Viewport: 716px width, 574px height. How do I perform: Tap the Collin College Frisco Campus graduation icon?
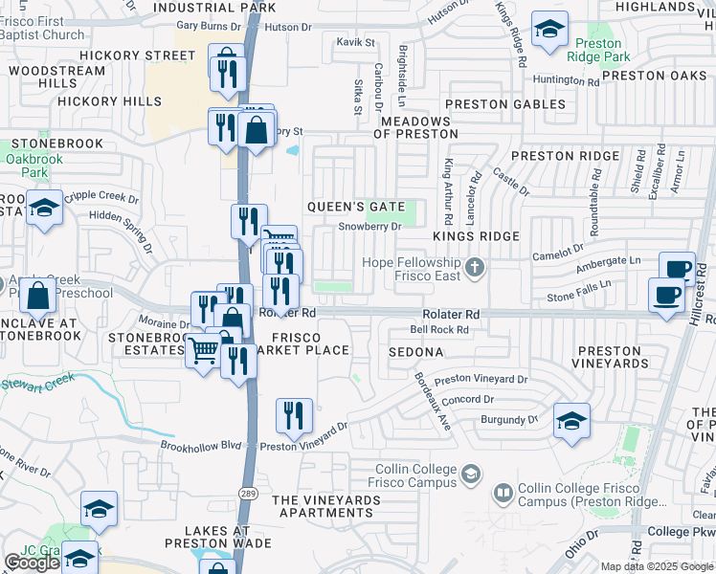coord(470,474)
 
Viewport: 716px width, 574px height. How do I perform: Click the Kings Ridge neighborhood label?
coord(476,236)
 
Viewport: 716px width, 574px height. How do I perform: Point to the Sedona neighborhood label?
coord(415,352)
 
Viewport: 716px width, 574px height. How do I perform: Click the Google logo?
coord(32,563)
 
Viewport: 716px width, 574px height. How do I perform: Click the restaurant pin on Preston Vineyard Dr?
coord(294,415)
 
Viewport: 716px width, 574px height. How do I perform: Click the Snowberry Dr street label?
coord(370,227)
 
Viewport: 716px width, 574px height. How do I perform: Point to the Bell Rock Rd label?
coord(438,330)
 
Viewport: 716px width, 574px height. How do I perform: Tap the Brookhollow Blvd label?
coord(201,445)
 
